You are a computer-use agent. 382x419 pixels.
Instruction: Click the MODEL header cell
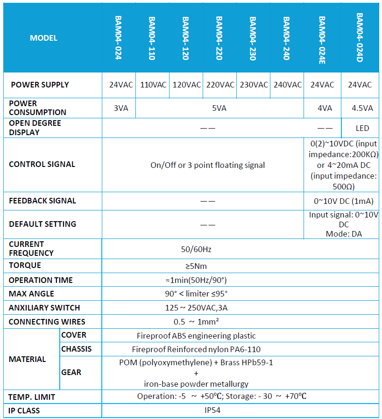tap(43, 38)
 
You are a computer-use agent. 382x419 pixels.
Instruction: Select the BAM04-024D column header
tap(360, 37)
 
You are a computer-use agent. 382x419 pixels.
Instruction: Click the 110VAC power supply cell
tap(153, 85)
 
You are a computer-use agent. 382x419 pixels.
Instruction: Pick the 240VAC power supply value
tap(288, 85)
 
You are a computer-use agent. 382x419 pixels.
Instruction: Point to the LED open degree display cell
tap(362, 128)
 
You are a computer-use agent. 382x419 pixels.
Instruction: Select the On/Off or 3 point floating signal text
tap(207, 165)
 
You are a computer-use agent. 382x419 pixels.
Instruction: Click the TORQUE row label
tap(25, 266)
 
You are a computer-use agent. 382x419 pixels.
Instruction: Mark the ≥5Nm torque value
tap(196, 266)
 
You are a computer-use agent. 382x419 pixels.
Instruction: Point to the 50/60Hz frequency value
tap(196, 249)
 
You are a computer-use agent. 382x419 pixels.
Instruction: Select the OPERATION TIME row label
tap(41, 280)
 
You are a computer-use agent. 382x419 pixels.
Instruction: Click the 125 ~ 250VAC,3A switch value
tap(196, 308)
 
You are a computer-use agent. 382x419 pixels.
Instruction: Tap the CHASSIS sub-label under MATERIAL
tap(76, 349)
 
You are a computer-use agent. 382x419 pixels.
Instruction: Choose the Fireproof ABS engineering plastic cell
tap(196, 336)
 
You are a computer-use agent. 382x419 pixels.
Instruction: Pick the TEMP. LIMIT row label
tap(32, 397)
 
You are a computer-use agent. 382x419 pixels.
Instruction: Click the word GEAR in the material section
tap(71, 372)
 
